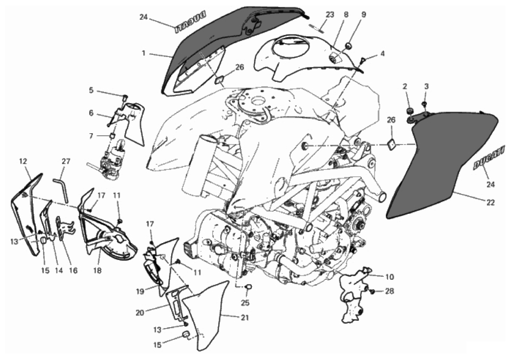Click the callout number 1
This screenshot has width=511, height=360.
click(144, 54)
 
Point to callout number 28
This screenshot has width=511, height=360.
click(389, 292)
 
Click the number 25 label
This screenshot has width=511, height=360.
click(245, 303)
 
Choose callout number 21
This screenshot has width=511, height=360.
click(245, 317)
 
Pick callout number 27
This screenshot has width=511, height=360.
click(66, 162)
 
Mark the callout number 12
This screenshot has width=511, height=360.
click(23, 161)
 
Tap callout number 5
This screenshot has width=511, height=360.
click(91, 91)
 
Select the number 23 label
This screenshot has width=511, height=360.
click(329, 15)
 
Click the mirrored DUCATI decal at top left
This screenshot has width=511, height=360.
click(190, 22)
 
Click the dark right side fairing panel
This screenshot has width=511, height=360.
click(444, 164)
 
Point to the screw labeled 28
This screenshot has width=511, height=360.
click(373, 292)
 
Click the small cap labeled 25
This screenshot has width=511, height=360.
click(249, 286)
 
